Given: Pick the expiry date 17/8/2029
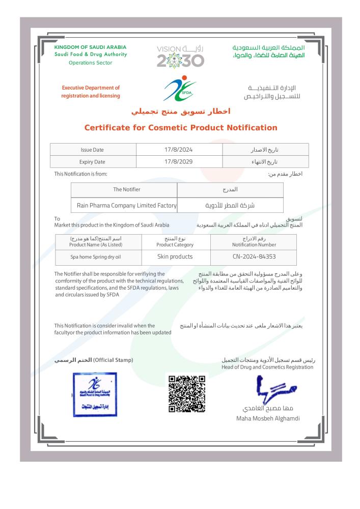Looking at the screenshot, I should (179, 162).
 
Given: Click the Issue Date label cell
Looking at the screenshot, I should (92, 151).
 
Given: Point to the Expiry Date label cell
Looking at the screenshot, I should (92, 162).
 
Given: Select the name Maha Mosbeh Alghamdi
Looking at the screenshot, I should (268, 418).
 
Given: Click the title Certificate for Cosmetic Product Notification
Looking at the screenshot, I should (181, 128).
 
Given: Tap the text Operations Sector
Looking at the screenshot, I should (90, 63).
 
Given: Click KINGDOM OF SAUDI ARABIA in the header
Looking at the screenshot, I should (90, 47).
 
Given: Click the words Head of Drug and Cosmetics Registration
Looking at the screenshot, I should (267, 367).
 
